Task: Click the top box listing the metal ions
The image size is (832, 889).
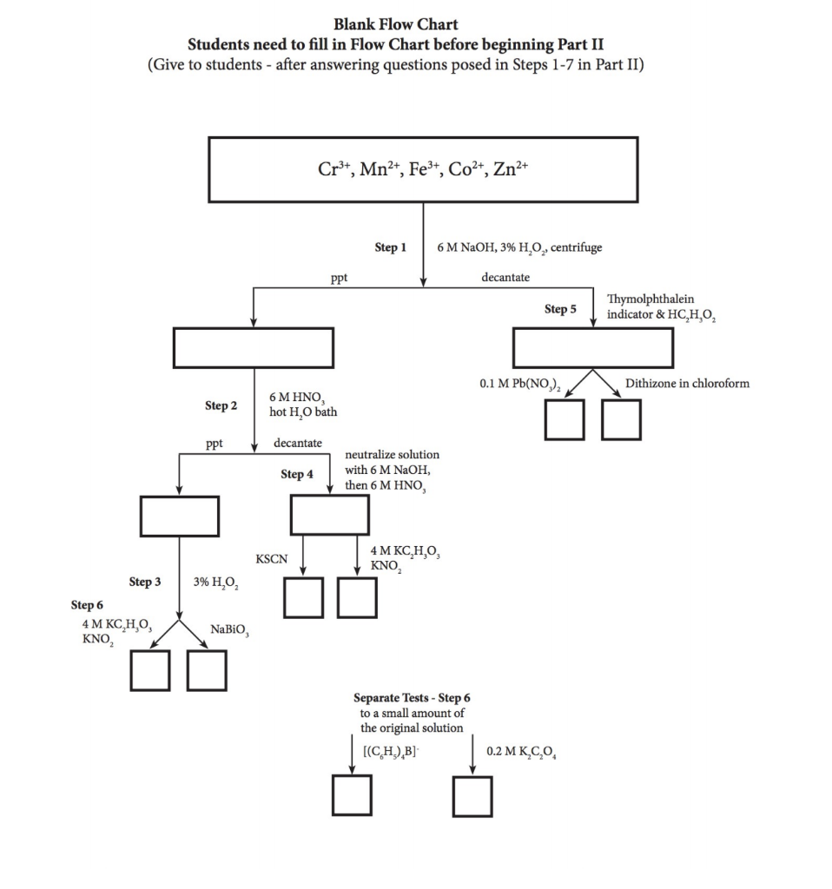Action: (x=423, y=169)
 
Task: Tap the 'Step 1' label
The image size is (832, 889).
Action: (x=390, y=247)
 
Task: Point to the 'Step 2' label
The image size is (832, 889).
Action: (x=221, y=405)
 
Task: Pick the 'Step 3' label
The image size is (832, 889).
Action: (x=145, y=582)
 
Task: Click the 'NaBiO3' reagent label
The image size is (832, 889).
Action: (x=230, y=629)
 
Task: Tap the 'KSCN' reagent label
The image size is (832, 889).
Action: (x=271, y=559)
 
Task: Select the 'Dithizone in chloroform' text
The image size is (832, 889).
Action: (x=687, y=384)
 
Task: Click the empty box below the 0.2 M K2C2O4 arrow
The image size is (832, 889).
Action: (x=472, y=796)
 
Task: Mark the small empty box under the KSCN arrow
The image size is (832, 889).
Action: (x=304, y=597)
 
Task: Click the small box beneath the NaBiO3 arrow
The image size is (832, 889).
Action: (x=207, y=670)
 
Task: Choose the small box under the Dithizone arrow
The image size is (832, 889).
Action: (x=620, y=420)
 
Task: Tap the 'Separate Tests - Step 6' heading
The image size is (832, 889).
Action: (x=412, y=697)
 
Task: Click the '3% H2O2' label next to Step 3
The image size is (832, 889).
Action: (x=216, y=582)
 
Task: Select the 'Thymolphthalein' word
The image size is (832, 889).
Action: (x=650, y=299)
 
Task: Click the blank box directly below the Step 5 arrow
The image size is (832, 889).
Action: (x=593, y=348)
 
